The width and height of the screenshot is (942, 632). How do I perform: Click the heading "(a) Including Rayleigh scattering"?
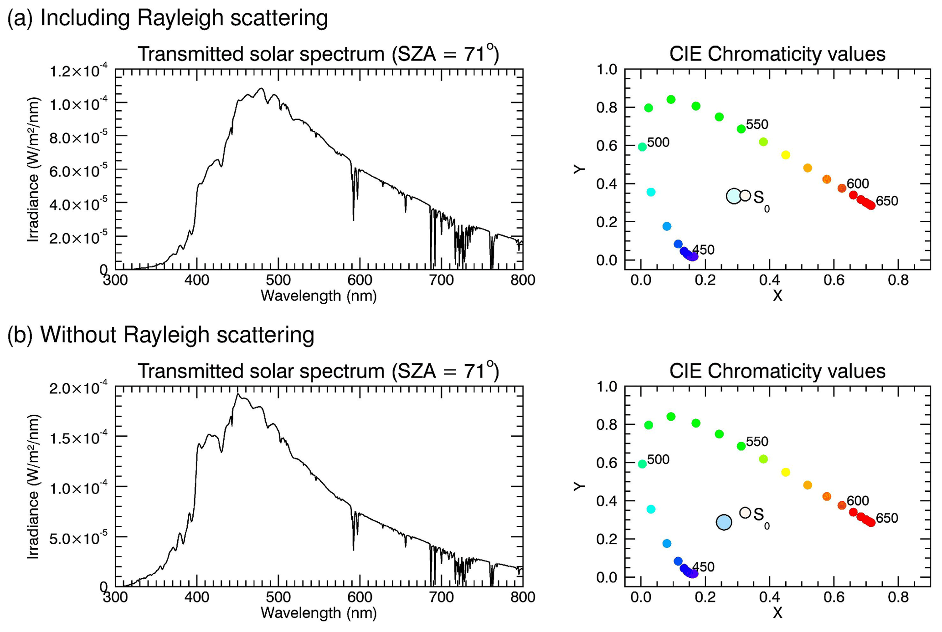pos(168,18)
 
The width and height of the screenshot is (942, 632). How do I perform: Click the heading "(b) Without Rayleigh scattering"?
pos(161,335)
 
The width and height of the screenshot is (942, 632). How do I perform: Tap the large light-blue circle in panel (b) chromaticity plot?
pos(724,522)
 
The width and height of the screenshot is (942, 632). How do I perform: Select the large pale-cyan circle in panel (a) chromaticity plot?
pos(734,196)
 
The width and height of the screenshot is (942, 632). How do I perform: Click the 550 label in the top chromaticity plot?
pos(757,125)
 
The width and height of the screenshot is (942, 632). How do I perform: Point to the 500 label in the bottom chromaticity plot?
pos(658,460)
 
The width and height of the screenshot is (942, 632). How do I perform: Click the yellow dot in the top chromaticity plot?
pos(786,155)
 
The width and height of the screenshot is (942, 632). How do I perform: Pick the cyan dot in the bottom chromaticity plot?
pos(651,509)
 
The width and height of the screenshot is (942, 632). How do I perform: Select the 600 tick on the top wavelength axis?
pos(360,280)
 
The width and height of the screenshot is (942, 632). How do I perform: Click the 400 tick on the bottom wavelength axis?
pos(196,596)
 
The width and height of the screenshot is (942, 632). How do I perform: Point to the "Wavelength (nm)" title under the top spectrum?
pos(319,296)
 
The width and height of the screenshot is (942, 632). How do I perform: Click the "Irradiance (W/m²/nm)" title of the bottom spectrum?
pos(33,486)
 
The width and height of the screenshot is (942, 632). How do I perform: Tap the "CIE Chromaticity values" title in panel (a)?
pos(777,54)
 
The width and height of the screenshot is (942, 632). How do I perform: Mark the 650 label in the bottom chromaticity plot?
pos(886,518)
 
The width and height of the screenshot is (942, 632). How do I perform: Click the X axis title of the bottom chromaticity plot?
pos(777,613)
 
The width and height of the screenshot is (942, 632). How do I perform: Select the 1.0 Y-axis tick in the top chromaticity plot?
pos(607,70)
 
